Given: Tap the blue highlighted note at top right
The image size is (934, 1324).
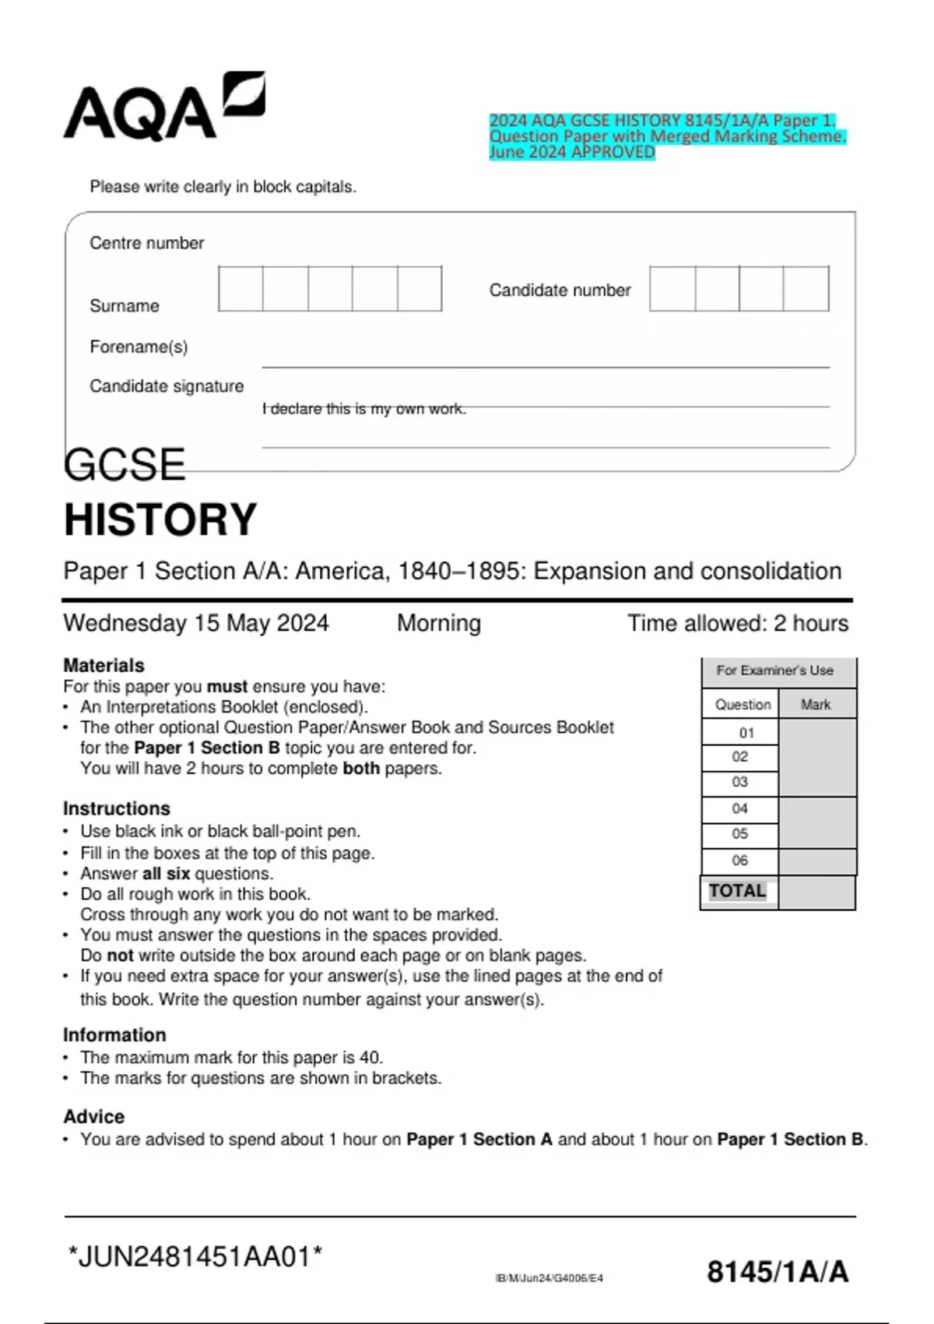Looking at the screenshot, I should [666, 136].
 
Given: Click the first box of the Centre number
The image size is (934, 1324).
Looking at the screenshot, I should [241, 289].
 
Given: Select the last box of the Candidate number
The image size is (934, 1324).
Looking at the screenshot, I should [806, 289].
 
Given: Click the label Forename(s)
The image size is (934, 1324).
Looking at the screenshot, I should [139, 347].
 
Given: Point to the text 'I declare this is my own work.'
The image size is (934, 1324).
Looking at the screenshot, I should [364, 409].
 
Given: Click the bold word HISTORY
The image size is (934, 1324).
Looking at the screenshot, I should [160, 519].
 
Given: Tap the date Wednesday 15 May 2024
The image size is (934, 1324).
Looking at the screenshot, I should [196, 623].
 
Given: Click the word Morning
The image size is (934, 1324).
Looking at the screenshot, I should [439, 623].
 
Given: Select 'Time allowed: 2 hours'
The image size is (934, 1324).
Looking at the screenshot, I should [738, 623].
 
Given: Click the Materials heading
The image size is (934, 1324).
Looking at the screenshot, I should [104, 665].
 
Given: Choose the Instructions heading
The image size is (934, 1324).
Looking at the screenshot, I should [116, 808].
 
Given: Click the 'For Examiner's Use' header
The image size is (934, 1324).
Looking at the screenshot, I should [774, 671].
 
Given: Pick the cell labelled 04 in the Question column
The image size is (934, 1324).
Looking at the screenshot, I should [739, 808].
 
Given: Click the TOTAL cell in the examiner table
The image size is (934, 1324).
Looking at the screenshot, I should [738, 891].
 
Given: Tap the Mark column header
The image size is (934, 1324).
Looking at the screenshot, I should [816, 705].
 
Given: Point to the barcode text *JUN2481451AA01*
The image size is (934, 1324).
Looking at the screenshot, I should [195, 1256].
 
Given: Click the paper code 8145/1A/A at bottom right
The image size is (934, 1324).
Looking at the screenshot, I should [777, 1272].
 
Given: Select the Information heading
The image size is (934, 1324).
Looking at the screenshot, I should [114, 1035].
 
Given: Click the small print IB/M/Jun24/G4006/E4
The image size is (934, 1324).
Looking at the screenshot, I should [549, 1278].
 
